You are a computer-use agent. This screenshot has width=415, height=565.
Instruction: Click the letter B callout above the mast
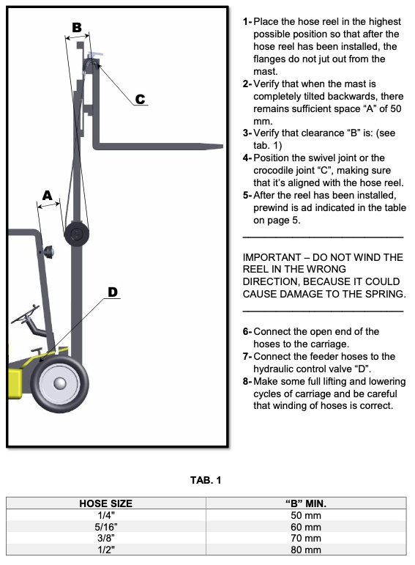[x=77, y=27]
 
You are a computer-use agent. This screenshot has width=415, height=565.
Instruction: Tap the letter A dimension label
[x=47, y=196]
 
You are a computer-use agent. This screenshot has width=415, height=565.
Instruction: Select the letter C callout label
[x=140, y=99]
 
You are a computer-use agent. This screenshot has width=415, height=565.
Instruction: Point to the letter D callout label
[x=113, y=292]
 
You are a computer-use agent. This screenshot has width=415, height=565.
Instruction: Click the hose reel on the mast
[x=76, y=235]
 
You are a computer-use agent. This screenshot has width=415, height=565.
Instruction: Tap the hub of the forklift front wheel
[x=60, y=383]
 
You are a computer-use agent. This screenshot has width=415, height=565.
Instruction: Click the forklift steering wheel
[x=25, y=314]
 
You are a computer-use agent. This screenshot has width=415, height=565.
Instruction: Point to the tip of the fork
[x=223, y=146]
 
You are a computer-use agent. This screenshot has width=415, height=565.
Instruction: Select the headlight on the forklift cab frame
[x=48, y=252]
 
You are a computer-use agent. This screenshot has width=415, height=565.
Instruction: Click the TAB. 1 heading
[x=206, y=480]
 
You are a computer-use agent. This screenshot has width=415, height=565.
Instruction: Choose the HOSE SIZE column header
[x=106, y=503]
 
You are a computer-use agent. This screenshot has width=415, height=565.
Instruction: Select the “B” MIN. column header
[x=306, y=503]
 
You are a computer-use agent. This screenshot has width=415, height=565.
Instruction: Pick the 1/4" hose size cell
[x=106, y=515]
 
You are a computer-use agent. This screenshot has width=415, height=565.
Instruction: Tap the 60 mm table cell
[x=306, y=527]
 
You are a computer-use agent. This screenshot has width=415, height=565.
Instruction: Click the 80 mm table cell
[x=306, y=550]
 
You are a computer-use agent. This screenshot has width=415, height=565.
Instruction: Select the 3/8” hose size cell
[x=106, y=538]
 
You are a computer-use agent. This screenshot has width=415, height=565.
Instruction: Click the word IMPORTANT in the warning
[x=272, y=257]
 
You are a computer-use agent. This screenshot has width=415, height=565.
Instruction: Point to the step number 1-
[x=247, y=22]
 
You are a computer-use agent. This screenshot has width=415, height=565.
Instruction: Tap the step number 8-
[x=247, y=381]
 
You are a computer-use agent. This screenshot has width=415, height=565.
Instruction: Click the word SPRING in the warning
[x=385, y=294]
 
